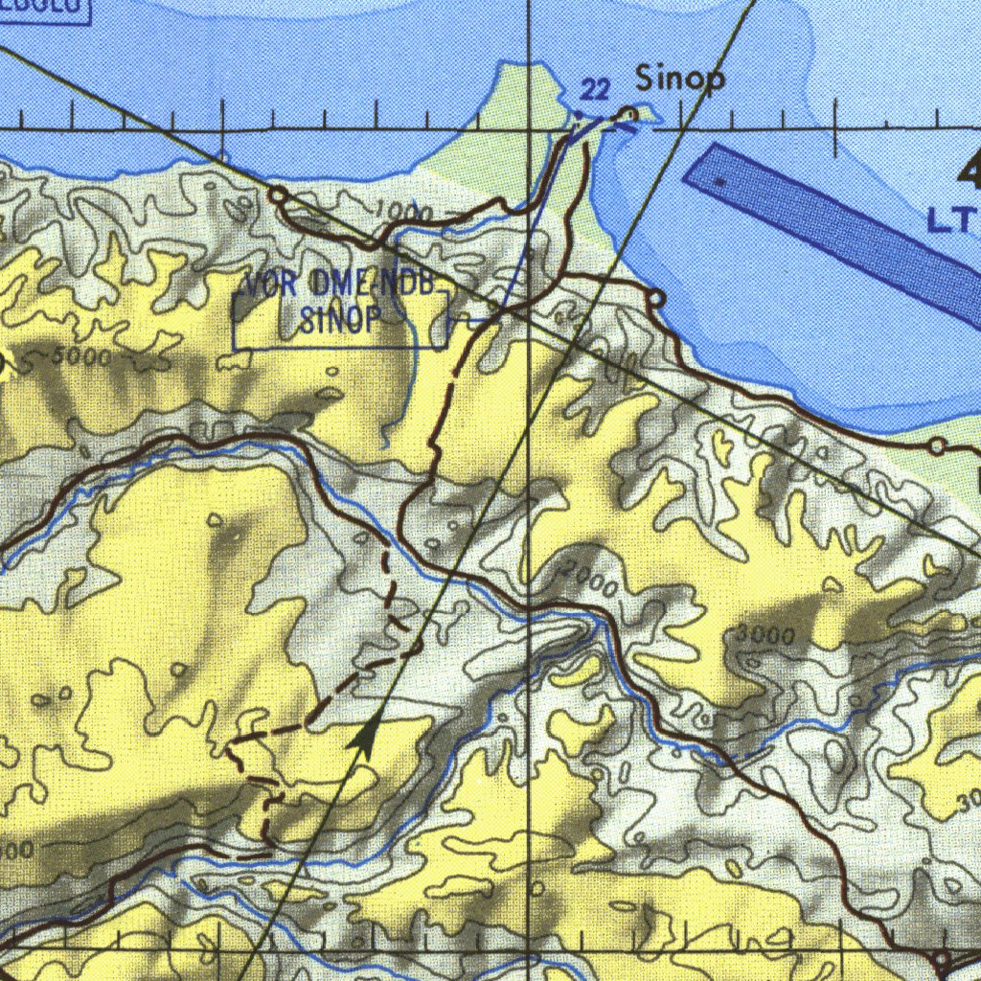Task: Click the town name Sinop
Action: pyautogui.click(x=681, y=80)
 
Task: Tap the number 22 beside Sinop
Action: pyautogui.click(x=595, y=90)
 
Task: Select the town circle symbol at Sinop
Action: pyautogui.click(x=628, y=116)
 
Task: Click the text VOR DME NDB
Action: pyautogui.click(x=342, y=285)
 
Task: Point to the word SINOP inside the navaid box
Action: pyautogui.click(x=341, y=319)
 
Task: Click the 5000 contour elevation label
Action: pyautogui.click(x=80, y=358)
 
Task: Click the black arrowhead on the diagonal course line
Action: pyautogui.click(x=363, y=738)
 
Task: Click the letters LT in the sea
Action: pyautogui.click(x=948, y=221)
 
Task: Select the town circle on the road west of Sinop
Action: pyautogui.click(x=278, y=195)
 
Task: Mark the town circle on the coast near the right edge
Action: pyautogui.click(x=938, y=446)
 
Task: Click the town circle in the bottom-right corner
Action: pyautogui.click(x=942, y=959)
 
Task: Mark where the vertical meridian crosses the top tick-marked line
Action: pyautogui.click(x=530, y=127)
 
